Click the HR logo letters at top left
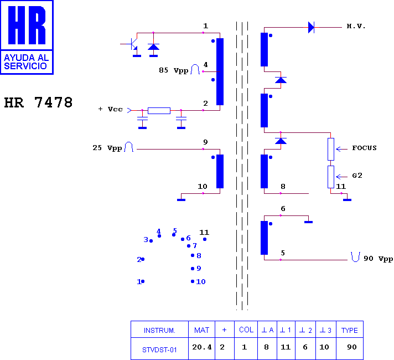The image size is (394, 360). [27, 25]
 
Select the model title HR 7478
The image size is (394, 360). [38, 102]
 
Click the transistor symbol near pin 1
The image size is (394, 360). [133, 44]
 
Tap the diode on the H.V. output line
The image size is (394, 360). [311, 27]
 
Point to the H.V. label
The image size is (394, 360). [356, 26]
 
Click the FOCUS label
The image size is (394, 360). [364, 148]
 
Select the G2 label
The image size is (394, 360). [357, 176]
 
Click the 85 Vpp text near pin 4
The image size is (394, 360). [173, 70]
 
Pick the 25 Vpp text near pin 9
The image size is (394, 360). [107, 148]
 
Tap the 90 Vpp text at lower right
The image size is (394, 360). [378, 259]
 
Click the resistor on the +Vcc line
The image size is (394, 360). [159, 111]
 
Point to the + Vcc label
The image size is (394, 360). [111, 109]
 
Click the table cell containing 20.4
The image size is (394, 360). [202, 348]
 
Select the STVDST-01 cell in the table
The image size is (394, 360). [159, 348]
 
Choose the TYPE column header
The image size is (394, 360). [350, 330]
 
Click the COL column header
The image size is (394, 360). [246, 330]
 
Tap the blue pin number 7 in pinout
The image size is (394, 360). [195, 245]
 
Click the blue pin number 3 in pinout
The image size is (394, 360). [146, 239]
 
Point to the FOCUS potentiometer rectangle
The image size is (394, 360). [331, 149]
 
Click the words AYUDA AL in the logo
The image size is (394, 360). [27, 58]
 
